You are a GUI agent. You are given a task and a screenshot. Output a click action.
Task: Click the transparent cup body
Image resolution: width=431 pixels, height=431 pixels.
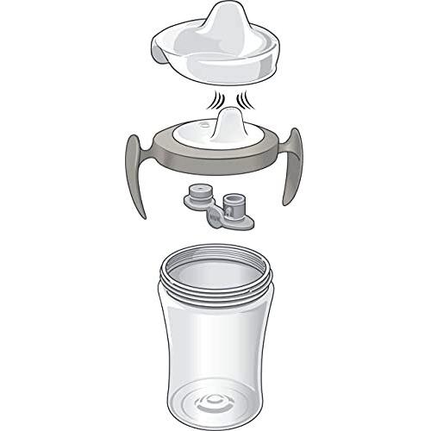click(215, 345)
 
